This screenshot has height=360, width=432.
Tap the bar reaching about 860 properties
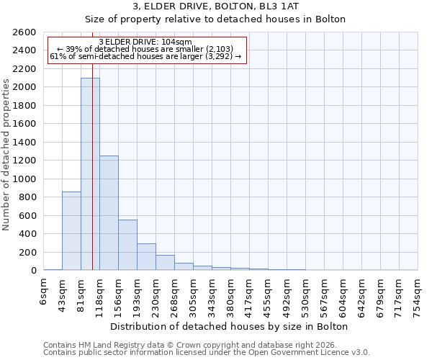coord(71,230)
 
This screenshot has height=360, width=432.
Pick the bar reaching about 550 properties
coord(127,245)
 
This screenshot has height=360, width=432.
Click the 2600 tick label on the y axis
coord(25,32)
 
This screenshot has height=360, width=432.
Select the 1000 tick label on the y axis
coord(25,179)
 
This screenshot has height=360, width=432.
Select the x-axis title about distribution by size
coord(230,326)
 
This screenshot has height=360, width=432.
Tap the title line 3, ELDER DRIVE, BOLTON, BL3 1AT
coord(215,6)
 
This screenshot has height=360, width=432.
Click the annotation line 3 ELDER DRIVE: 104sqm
coord(145,42)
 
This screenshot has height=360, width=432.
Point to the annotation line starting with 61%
coord(145,56)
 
